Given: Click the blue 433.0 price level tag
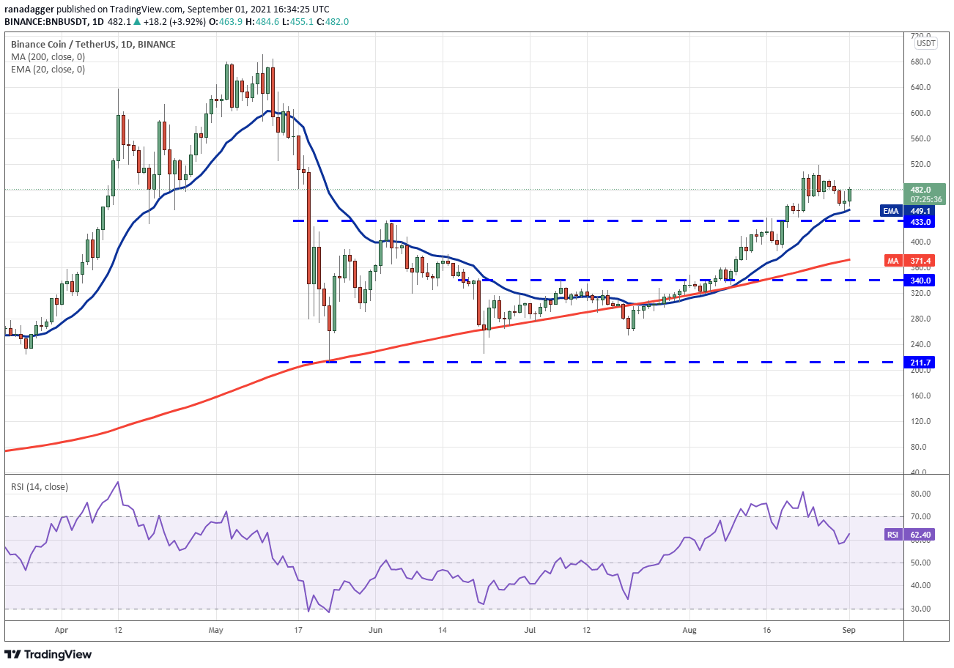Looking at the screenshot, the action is pyautogui.click(x=919, y=222).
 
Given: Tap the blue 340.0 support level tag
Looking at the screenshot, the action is pyautogui.click(x=919, y=280).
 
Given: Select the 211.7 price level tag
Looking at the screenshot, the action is pyautogui.click(x=919, y=363).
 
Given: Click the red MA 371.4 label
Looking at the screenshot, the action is pyautogui.click(x=910, y=261).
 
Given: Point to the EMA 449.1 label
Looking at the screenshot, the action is pyautogui.click(x=908, y=211).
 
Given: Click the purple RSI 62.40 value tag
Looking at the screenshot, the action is pyautogui.click(x=910, y=535).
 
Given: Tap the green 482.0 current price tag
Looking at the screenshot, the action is pyautogui.click(x=925, y=194).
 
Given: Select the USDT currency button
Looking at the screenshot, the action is pyautogui.click(x=926, y=43).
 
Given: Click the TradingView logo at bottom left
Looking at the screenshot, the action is pyautogui.click(x=48, y=654).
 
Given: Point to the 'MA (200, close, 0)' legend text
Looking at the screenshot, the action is pyautogui.click(x=48, y=56).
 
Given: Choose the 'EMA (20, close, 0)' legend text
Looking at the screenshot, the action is pyautogui.click(x=48, y=70).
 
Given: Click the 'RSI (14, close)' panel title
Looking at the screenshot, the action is pyautogui.click(x=39, y=486).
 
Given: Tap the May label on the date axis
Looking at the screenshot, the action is pyautogui.click(x=216, y=630).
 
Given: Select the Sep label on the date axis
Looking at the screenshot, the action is pyautogui.click(x=848, y=630).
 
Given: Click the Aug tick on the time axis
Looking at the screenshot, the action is pyautogui.click(x=689, y=630).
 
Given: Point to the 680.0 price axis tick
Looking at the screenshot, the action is pyautogui.click(x=920, y=62).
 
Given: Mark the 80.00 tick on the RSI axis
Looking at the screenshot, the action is pyautogui.click(x=920, y=494).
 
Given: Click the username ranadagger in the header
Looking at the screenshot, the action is pyautogui.click(x=29, y=9).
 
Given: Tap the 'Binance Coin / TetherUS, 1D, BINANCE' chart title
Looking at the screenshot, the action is pyautogui.click(x=93, y=44).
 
